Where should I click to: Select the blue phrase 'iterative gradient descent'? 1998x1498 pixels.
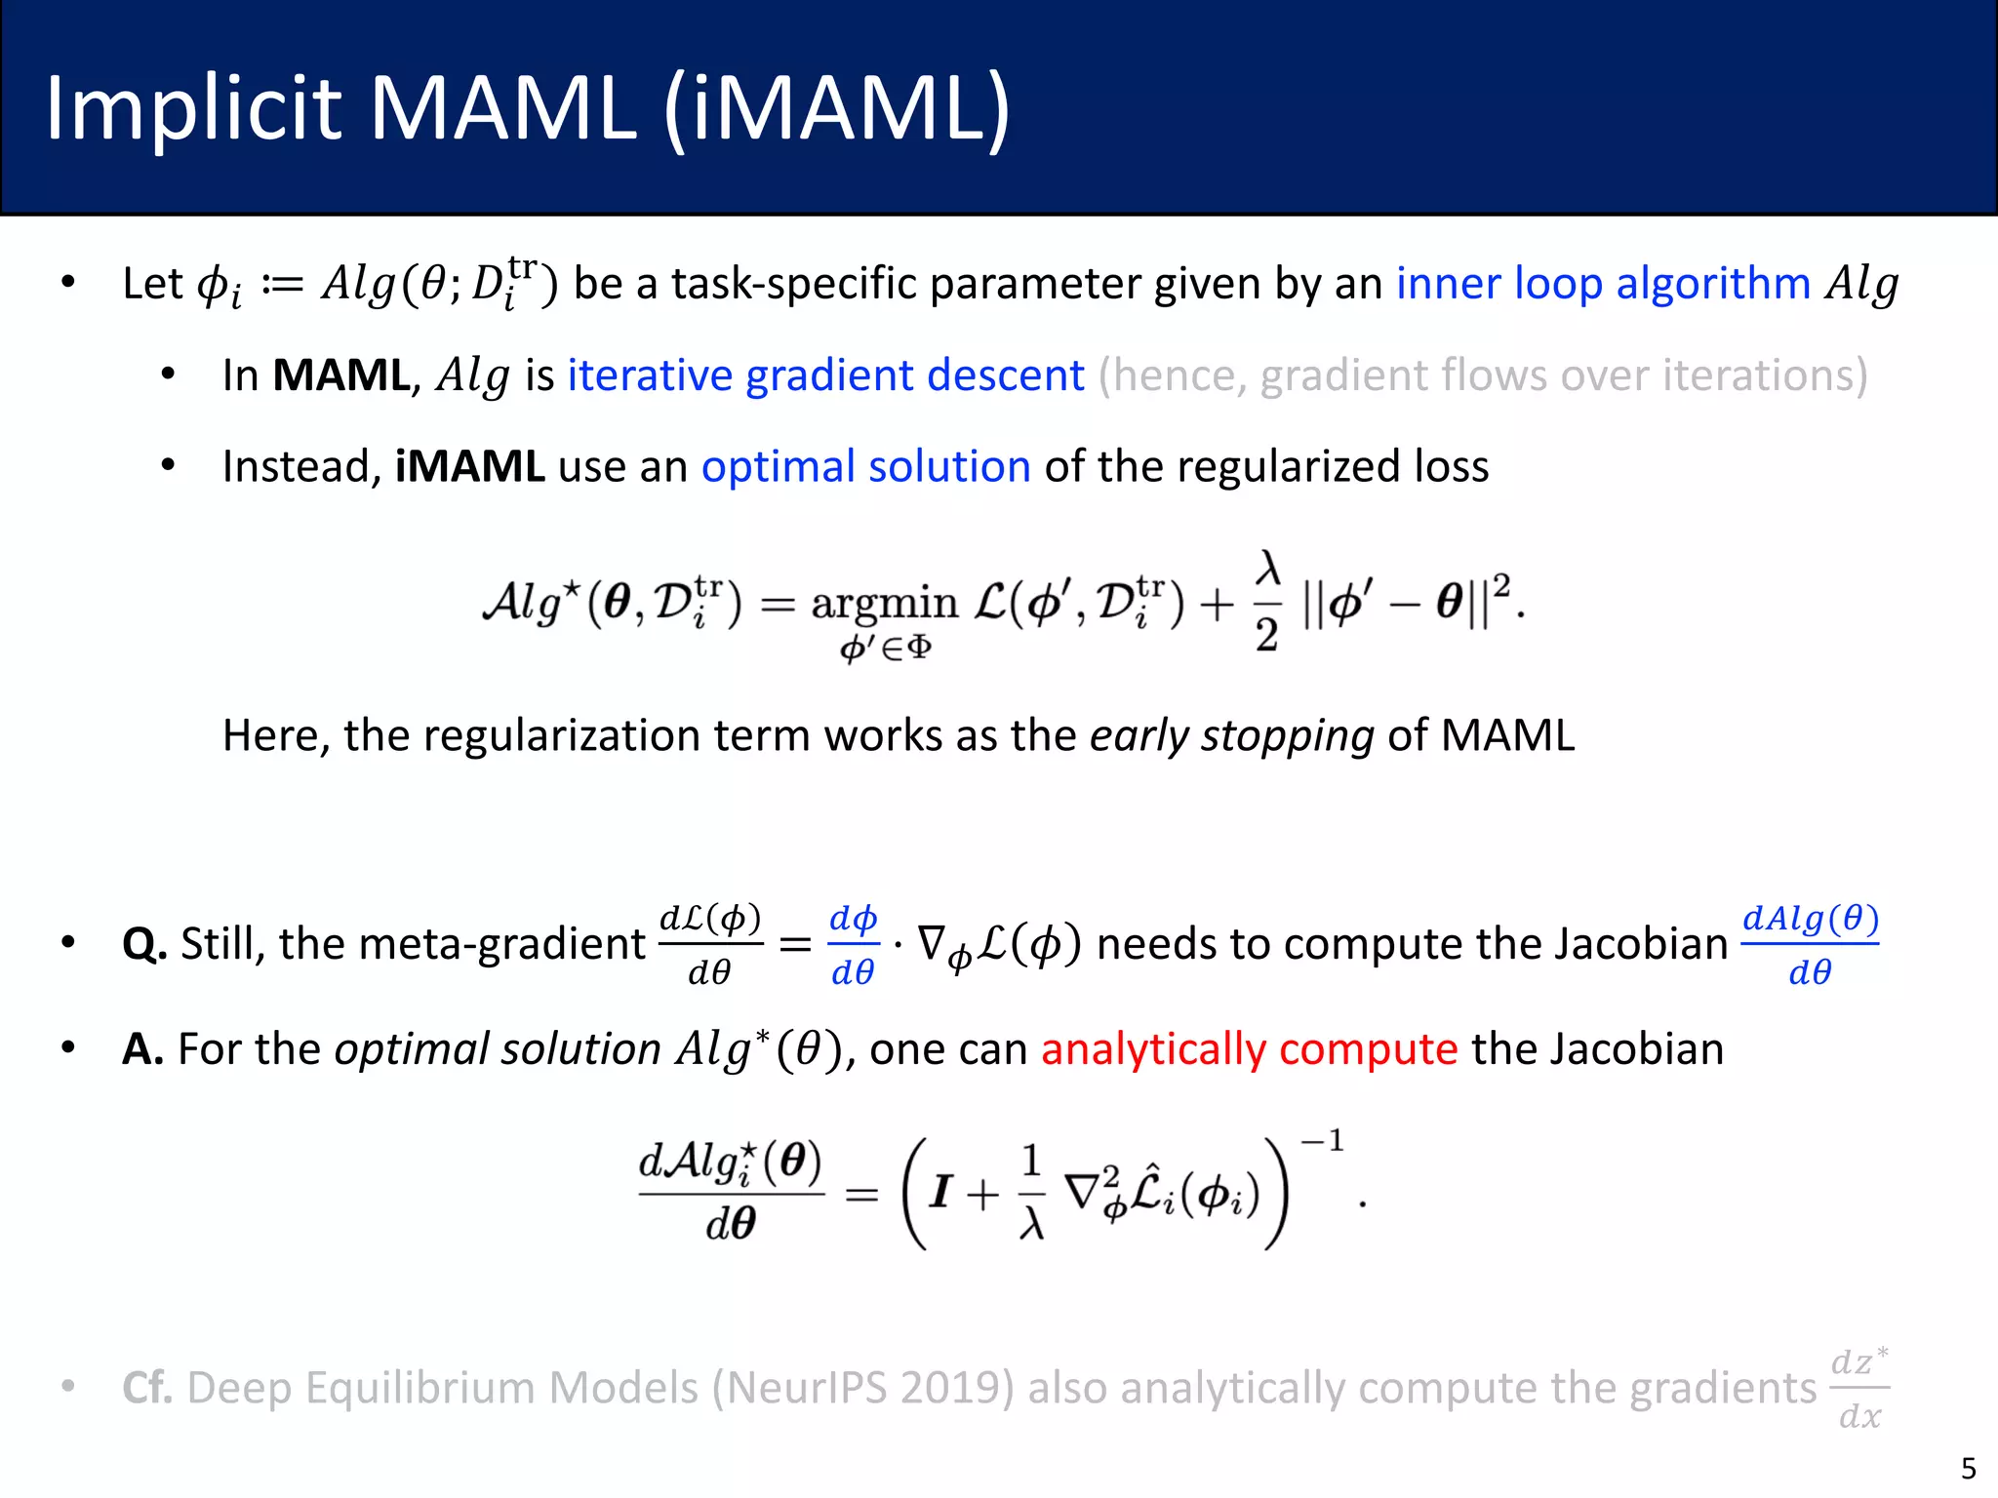click(x=825, y=375)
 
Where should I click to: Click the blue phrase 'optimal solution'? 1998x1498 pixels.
click(x=865, y=466)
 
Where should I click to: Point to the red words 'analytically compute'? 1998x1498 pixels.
click(x=1249, y=1049)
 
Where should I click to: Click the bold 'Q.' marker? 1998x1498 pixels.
click(x=144, y=944)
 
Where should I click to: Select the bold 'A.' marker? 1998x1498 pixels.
click(x=142, y=1049)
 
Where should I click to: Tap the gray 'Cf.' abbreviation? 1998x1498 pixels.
click(x=147, y=1388)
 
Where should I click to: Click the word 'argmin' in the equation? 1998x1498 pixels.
click(x=884, y=603)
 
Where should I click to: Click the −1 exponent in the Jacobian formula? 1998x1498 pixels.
click(x=1323, y=1140)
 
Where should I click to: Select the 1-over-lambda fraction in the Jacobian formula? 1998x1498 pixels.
click(x=1031, y=1192)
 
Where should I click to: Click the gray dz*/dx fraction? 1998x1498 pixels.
click(x=1859, y=1388)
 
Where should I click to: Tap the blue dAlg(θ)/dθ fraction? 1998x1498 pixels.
click(x=1810, y=944)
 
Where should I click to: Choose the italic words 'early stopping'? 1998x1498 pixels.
click(x=1231, y=735)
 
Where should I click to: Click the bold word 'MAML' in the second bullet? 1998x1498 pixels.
click(x=340, y=375)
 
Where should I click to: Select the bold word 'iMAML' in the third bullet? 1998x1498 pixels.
click(x=469, y=466)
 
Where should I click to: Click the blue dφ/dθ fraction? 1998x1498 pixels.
click(x=853, y=944)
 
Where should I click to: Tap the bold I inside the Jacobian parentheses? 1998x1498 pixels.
click(x=940, y=1192)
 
